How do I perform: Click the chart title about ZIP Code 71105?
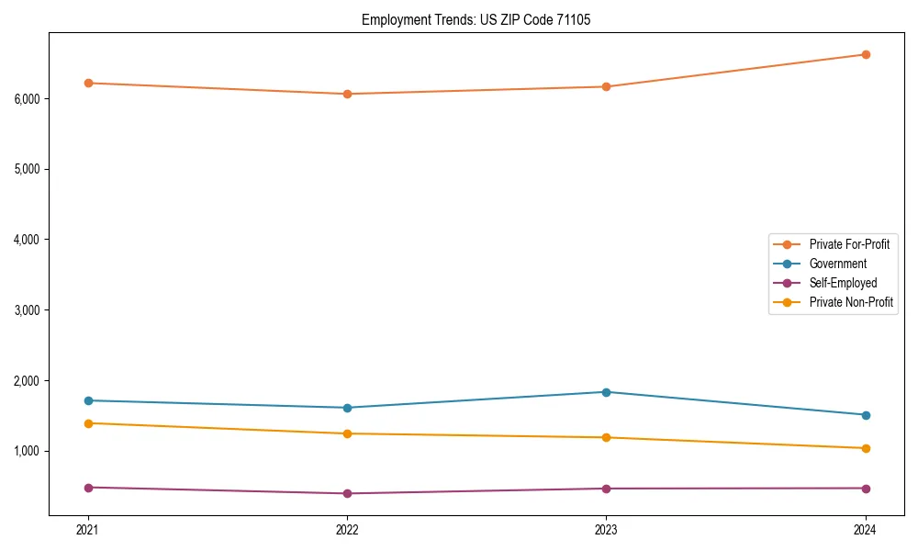click(x=476, y=19)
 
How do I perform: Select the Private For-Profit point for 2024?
click(x=866, y=54)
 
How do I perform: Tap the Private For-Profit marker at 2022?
click(x=347, y=94)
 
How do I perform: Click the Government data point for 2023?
click(x=606, y=392)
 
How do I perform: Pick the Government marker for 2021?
click(x=88, y=400)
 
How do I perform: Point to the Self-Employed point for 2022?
click(x=347, y=493)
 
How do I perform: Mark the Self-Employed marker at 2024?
click(x=866, y=489)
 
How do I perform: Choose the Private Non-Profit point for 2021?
click(x=88, y=423)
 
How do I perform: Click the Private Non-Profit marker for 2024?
click(x=866, y=448)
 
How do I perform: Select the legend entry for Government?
click(x=837, y=264)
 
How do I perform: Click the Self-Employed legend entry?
click(x=843, y=283)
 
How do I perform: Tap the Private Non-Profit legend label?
click(x=851, y=302)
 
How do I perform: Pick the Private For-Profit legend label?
click(x=849, y=244)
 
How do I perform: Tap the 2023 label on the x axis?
click(x=606, y=529)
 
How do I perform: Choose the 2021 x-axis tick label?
click(x=88, y=529)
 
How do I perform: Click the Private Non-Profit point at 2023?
click(x=606, y=437)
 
